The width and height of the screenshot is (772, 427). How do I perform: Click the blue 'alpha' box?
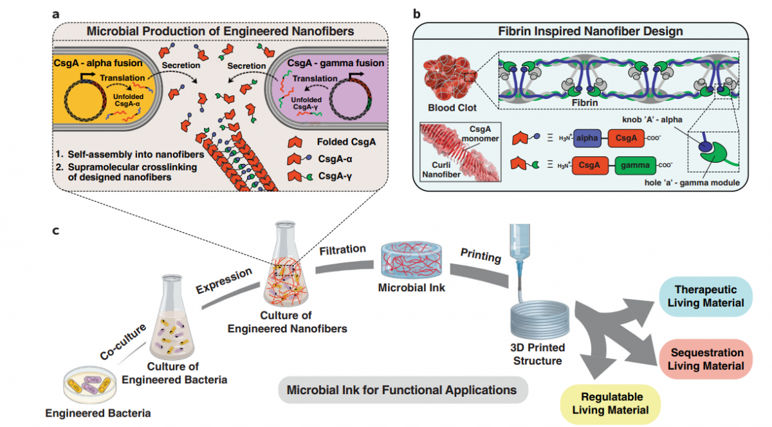[587, 138]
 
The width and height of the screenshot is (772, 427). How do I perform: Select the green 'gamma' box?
[635, 165]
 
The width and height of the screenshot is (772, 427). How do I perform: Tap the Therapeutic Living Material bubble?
[706, 296]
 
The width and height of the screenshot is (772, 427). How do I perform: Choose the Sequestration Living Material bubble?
[706, 359]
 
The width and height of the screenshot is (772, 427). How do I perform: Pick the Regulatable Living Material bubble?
[611, 404]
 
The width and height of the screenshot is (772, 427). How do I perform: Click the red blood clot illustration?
[450, 78]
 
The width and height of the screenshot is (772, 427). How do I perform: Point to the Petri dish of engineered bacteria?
[89, 385]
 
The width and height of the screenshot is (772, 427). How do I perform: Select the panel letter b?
[417, 14]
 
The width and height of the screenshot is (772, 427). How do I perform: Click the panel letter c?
[56, 231]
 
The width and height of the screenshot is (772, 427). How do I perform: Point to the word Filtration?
[342, 250]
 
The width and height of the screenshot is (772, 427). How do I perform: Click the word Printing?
[481, 255]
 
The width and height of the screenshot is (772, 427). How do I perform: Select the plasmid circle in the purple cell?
[351, 100]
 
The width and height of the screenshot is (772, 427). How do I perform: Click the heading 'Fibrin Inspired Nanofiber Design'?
[591, 31]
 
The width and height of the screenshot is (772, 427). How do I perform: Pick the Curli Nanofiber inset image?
[461, 152]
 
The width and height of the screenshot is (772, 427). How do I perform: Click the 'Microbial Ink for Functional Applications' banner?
[403, 390]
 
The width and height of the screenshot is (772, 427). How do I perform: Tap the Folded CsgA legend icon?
[295, 142]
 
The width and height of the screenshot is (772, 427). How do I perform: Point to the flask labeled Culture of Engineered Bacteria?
[172, 317]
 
